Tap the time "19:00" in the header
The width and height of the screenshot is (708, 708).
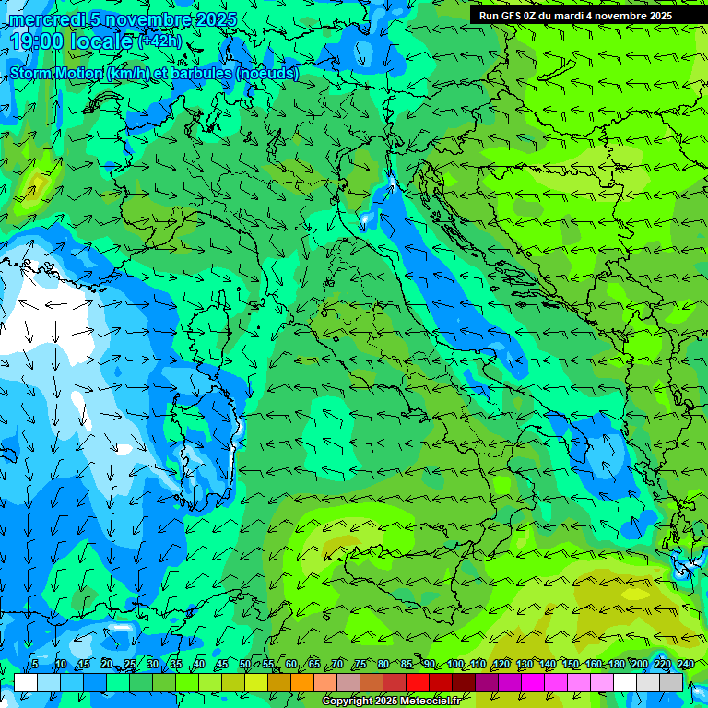click(38, 41)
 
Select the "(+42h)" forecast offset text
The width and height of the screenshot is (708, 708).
click(159, 41)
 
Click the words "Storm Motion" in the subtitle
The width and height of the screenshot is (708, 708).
click(57, 73)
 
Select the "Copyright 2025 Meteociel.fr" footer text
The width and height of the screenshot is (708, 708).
click(391, 702)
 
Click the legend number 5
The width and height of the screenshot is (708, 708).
click(35, 665)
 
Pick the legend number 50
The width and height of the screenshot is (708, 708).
click(245, 665)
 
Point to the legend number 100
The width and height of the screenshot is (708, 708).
click(455, 665)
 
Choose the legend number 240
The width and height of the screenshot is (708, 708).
click(686, 665)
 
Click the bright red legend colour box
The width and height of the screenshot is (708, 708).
click(418, 682)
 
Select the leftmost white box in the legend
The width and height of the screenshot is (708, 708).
click(26, 682)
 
